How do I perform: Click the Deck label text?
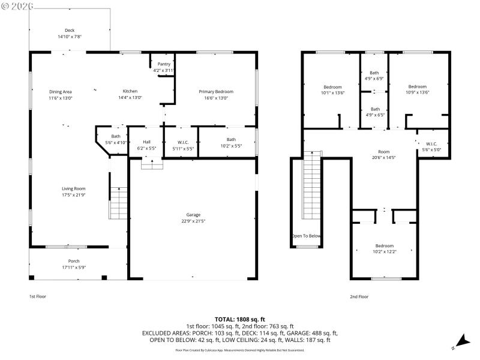[x=70, y=31]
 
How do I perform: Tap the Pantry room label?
[x=164, y=64]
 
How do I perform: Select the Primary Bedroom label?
[x=216, y=92]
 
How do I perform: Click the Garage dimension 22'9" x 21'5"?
[x=193, y=221]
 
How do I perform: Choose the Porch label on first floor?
[x=74, y=261]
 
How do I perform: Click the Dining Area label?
[x=60, y=92]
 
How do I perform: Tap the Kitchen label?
[x=130, y=92]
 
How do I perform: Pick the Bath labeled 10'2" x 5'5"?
[x=231, y=140]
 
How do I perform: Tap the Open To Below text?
[x=307, y=236]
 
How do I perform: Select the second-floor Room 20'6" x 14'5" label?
[x=383, y=152]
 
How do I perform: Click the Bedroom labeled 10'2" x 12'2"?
[x=385, y=246]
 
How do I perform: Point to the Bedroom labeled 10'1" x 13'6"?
[x=332, y=87]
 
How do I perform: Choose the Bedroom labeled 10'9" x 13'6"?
[x=417, y=87]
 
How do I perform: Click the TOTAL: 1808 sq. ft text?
[x=240, y=319]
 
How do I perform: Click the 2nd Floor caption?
[x=359, y=296]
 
